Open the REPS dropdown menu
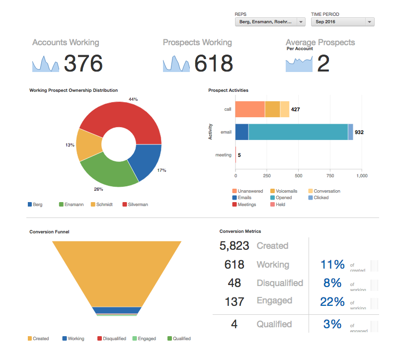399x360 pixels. coord(270,22)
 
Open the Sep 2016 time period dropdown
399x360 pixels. coord(342,22)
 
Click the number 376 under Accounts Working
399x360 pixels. coord(83,64)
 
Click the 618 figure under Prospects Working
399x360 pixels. coord(213,64)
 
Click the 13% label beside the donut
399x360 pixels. coord(69,145)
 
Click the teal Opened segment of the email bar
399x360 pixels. coord(298,132)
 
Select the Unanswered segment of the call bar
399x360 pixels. coord(249,109)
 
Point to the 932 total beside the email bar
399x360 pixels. coord(359,133)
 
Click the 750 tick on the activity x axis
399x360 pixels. coord(330,175)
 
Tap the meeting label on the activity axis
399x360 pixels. coord(223,155)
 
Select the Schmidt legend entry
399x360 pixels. coord(104,204)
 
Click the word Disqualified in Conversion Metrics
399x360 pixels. coord(280,283)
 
